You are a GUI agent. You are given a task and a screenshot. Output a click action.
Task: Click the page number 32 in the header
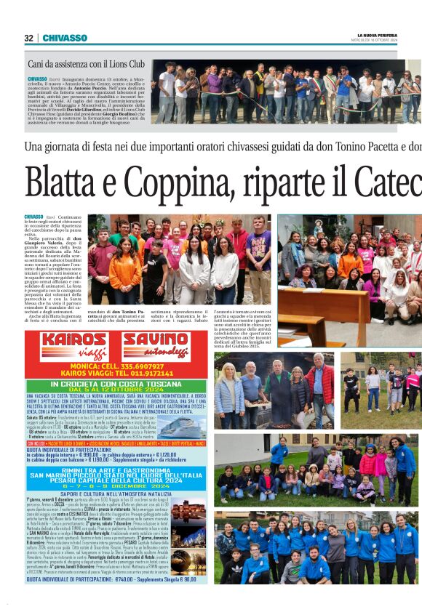28,38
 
